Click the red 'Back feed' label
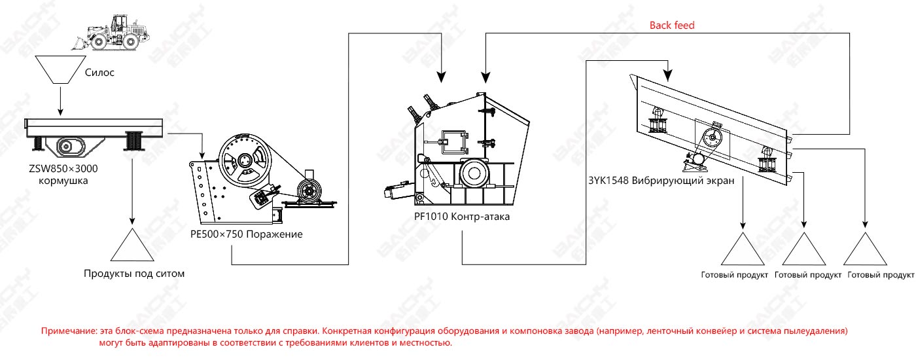(x=672, y=26)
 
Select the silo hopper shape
(x=60, y=69)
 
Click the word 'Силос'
(x=99, y=73)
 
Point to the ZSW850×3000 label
(x=63, y=169)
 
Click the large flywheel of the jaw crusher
(x=245, y=160)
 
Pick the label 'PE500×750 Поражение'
(x=246, y=234)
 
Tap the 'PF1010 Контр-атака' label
(x=462, y=217)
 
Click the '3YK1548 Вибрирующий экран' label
(x=661, y=181)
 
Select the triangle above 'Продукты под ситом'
(x=132, y=245)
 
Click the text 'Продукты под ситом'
(x=134, y=274)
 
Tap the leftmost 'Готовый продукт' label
(x=734, y=275)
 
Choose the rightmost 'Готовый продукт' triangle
(x=865, y=249)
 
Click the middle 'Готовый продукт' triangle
(x=804, y=249)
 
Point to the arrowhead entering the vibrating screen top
(x=667, y=76)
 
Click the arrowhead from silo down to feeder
(x=60, y=112)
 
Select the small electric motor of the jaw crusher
(x=309, y=190)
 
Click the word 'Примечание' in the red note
(x=69, y=331)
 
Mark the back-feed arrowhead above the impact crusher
(x=485, y=77)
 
